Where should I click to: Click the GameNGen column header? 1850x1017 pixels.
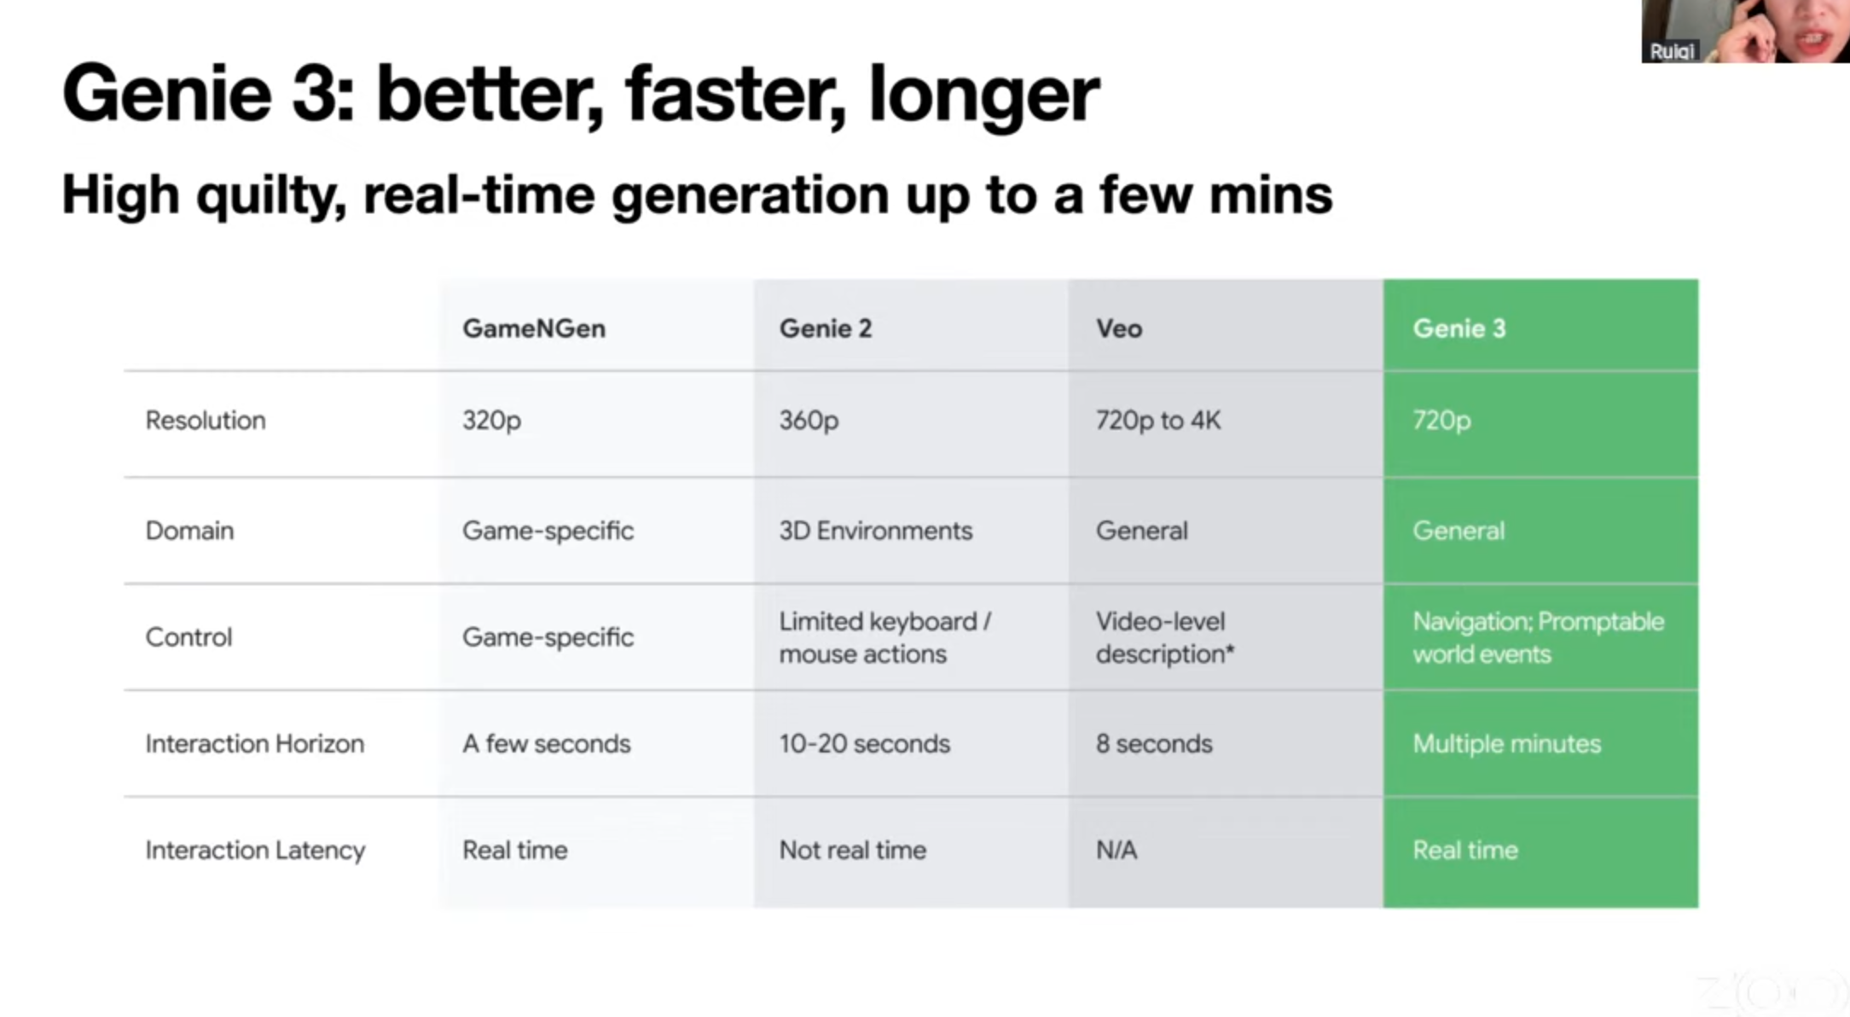point(534,328)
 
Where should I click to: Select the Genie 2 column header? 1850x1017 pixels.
point(825,328)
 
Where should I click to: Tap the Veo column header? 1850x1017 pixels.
point(1118,328)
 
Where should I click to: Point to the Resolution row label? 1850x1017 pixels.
point(206,421)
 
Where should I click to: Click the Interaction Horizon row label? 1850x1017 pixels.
point(254,744)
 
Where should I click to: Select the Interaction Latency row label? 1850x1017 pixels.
point(255,851)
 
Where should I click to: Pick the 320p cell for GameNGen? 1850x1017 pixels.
point(491,421)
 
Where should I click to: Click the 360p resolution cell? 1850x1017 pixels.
point(809,421)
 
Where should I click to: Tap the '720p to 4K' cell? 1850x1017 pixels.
point(1157,421)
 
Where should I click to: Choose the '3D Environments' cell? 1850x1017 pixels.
point(875,531)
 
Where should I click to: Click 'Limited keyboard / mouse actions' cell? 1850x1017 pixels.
point(884,637)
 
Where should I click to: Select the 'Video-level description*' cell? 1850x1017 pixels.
point(1164,637)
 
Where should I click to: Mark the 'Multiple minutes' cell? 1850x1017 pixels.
point(1506,744)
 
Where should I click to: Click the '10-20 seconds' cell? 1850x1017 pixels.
point(864,744)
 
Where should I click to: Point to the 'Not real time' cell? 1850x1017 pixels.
point(852,851)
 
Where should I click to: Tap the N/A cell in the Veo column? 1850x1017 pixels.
point(1116,851)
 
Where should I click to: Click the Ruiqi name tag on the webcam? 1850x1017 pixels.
point(1671,51)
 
